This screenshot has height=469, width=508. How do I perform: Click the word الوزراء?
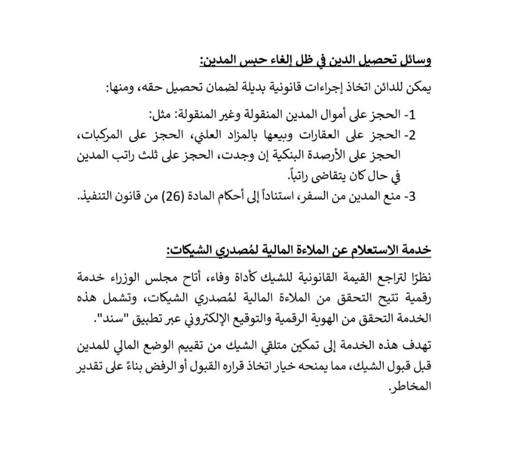138,278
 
